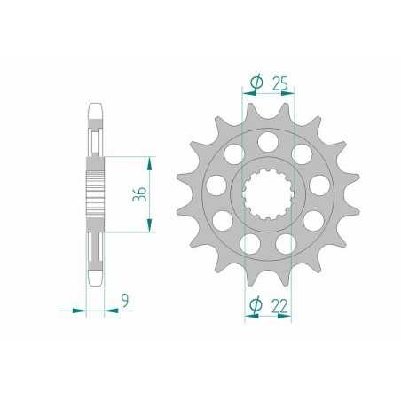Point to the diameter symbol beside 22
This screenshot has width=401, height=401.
(x=256, y=306)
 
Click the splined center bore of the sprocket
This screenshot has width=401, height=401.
(x=267, y=193)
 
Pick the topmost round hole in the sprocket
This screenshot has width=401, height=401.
(x=267, y=139)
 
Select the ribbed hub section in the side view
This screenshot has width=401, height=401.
(x=96, y=193)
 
